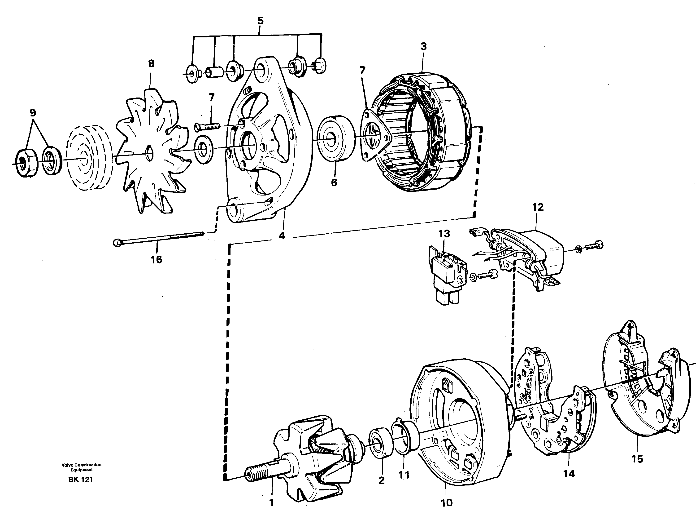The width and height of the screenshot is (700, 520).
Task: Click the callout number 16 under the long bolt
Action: pyautogui.click(x=157, y=260)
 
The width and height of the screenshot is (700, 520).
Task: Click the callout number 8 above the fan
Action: pyautogui.click(x=151, y=64)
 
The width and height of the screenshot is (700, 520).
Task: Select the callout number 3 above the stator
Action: pyautogui.click(x=423, y=47)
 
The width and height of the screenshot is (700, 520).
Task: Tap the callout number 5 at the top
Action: pyautogui.click(x=260, y=21)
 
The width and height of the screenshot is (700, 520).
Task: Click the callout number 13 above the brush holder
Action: pyautogui.click(x=444, y=234)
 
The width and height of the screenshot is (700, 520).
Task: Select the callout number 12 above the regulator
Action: pyautogui.click(x=538, y=207)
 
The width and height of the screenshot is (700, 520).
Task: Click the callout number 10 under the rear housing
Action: pyautogui.click(x=447, y=503)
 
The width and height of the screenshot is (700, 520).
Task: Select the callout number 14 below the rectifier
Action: pyautogui.click(x=569, y=474)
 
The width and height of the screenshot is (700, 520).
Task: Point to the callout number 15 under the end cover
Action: pyautogui.click(x=637, y=459)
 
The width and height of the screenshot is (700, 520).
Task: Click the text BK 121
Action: pyautogui.click(x=80, y=480)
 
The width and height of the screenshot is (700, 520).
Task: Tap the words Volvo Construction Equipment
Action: pyautogui.click(x=81, y=467)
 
